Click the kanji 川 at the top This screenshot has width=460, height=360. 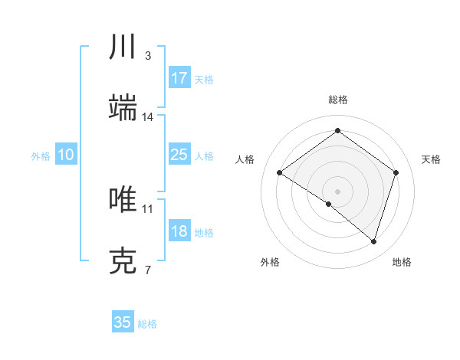[x=123, y=47]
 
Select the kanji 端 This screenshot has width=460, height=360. [x=123, y=108]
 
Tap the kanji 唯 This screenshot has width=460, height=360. [x=123, y=200]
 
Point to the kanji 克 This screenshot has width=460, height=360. [x=123, y=261]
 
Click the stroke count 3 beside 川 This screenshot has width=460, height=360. [x=148, y=56]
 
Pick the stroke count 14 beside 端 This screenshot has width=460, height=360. [x=148, y=117]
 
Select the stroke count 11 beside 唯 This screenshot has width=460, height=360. [x=148, y=208]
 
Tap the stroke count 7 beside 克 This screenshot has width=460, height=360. [x=148, y=270]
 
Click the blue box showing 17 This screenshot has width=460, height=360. [x=179, y=78]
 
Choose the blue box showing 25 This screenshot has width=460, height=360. [x=179, y=155]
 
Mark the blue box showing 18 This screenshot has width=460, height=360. [x=179, y=231]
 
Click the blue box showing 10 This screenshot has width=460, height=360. [x=66, y=155]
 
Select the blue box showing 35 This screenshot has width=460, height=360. [x=123, y=322]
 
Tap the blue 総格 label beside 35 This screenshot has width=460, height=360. [x=147, y=324]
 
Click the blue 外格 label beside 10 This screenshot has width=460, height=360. [x=41, y=156]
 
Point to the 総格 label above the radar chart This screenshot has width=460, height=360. [x=337, y=100]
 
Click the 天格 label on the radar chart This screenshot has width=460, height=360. [x=431, y=159]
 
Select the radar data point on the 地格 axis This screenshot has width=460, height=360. [x=373, y=241]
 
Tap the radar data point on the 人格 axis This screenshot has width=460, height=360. [x=280, y=173]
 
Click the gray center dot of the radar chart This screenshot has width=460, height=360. [x=337, y=191]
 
